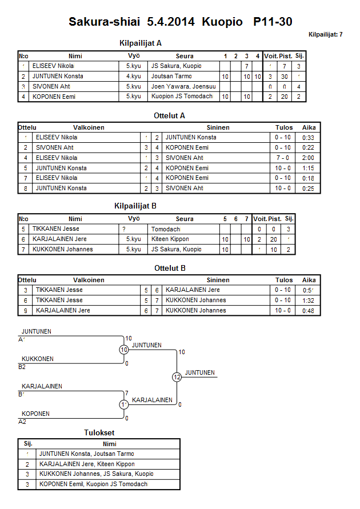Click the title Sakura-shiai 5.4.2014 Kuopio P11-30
(181, 22)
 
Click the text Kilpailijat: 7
(325, 35)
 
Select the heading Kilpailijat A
(141, 43)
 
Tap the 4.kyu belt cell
(133, 77)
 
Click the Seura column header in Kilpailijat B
(184, 219)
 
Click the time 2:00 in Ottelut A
(309, 158)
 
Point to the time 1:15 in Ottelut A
(309, 169)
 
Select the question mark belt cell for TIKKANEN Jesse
(124, 229)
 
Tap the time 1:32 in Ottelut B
(309, 300)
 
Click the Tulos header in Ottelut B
(283, 280)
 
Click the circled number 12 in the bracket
(177, 377)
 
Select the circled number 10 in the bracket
(124, 350)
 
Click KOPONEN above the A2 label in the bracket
(35, 414)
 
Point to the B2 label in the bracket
(22, 367)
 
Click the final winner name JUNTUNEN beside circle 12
(200, 372)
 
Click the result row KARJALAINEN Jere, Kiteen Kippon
(87, 464)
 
